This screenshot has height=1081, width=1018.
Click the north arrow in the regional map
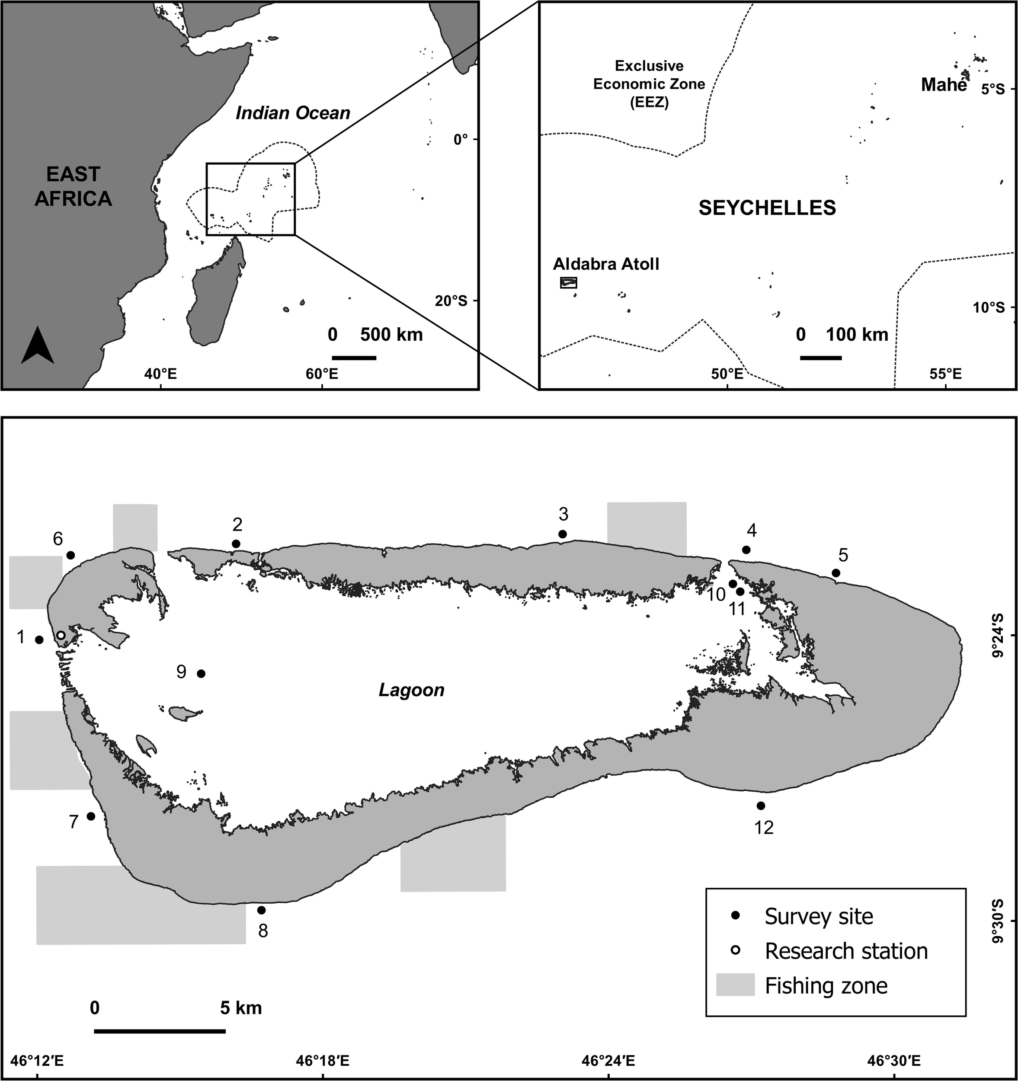coord(38,344)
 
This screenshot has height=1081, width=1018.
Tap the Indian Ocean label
coord(293,113)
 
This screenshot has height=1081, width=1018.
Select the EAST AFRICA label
coord(73,186)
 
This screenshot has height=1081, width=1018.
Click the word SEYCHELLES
coord(767,208)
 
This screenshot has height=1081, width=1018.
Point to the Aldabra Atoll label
coord(606,264)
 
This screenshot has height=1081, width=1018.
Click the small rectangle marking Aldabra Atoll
coord(568,282)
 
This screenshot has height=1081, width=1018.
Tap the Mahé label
coord(944,85)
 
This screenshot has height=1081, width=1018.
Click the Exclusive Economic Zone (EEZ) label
coord(649,84)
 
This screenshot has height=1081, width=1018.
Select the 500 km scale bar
coord(354,358)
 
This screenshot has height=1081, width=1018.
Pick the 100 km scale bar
coord(821,358)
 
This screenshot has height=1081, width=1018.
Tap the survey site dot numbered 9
coord(201,674)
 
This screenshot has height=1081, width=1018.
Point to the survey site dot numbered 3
coord(563,534)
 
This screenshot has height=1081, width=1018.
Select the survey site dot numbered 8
coord(261,910)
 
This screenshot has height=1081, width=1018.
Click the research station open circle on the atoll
coord(61,635)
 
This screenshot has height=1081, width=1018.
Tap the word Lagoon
coord(411,691)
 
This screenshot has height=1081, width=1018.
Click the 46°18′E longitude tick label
coord(323,1061)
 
